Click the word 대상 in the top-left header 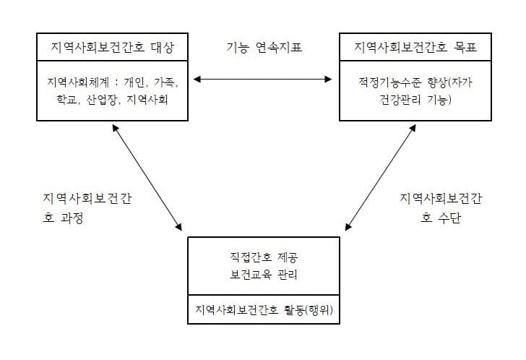click(x=163, y=47)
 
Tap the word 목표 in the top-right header click(x=465, y=47)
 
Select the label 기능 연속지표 click(x=264, y=47)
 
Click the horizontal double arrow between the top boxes click(x=263, y=80)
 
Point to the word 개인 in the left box click(x=134, y=82)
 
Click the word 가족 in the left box click(x=164, y=82)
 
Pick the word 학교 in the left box click(x=66, y=100)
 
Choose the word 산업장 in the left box click(x=101, y=100)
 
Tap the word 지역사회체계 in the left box click(x=78, y=82)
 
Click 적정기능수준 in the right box click(x=389, y=82)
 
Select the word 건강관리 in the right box click(x=400, y=100)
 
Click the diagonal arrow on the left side click(x=147, y=178)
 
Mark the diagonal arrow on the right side click(x=380, y=178)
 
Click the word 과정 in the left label click(x=72, y=218)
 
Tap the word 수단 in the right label click(x=449, y=218)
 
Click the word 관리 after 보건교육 click(x=288, y=275)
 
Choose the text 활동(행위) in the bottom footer click(x=309, y=309)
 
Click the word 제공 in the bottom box click(x=288, y=257)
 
